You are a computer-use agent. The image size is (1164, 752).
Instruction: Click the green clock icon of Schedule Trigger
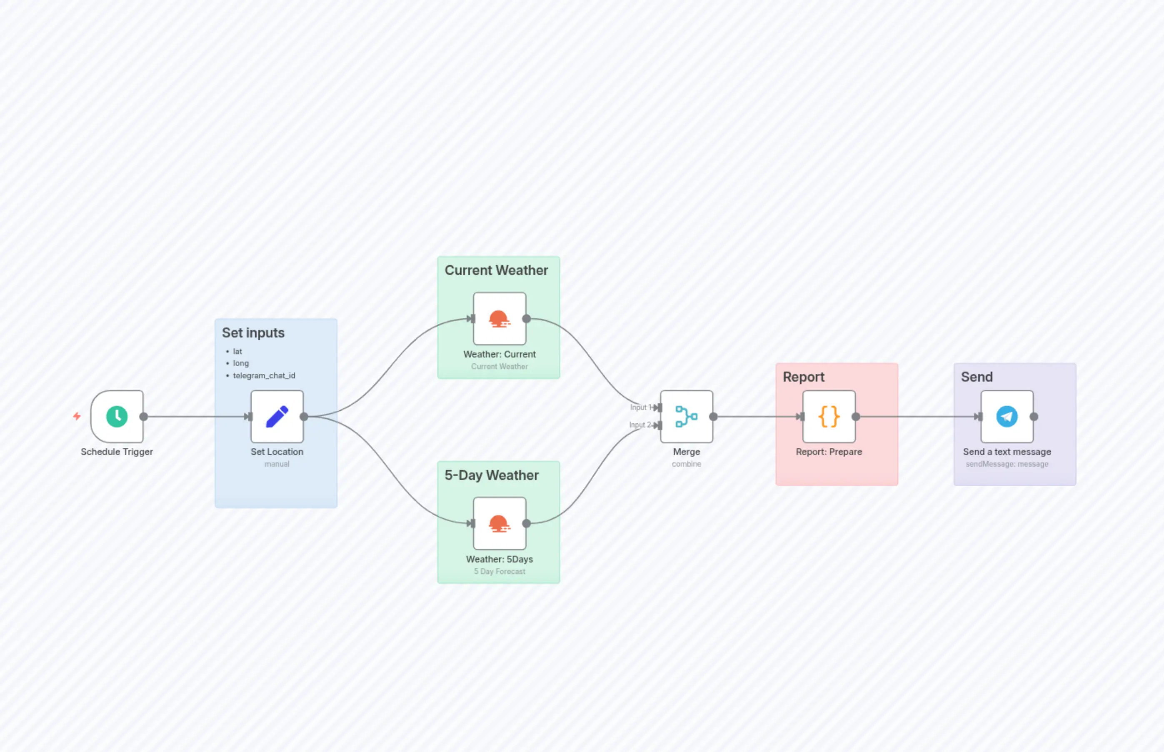[117, 417]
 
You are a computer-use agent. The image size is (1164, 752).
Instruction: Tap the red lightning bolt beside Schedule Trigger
[77, 416]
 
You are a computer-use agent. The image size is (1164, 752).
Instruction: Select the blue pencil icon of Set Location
[277, 417]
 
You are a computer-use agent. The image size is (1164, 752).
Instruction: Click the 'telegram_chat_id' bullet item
[264, 375]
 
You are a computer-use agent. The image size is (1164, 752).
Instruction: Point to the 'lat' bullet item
[237, 351]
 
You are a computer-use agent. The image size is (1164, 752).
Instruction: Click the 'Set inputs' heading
[253, 332]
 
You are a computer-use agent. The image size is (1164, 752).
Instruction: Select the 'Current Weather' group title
[496, 270]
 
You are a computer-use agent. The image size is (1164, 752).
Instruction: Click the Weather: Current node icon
[499, 319]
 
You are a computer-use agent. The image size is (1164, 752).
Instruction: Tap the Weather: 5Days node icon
[499, 523]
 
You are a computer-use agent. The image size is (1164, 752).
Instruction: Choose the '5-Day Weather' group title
[491, 475]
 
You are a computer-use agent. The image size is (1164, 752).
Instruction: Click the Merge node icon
[686, 417]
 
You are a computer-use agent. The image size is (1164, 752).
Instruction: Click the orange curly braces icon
[829, 417]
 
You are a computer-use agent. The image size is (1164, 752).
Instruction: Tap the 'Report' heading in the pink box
[803, 377]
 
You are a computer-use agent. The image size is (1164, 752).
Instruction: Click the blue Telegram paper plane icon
[1007, 417]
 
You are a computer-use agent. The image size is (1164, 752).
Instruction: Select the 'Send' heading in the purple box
[977, 377]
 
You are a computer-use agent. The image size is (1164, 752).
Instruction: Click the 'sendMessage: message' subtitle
[1007, 464]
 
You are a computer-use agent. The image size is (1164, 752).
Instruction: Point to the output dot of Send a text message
[1034, 417]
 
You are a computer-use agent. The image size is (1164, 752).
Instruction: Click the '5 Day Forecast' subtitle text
[499, 571]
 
